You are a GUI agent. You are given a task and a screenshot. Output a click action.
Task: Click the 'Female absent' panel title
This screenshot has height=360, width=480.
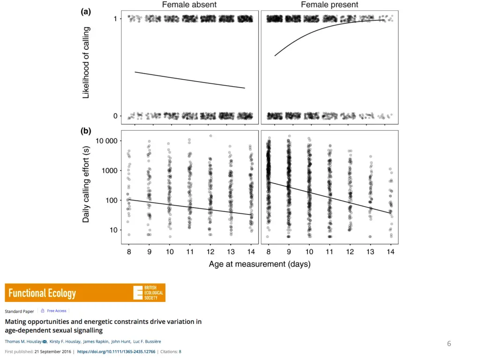click(x=189, y=5)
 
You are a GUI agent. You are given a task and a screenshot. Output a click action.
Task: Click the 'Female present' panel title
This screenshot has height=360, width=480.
click(x=330, y=5)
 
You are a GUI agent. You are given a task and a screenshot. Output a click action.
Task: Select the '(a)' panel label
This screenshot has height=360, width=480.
click(x=86, y=13)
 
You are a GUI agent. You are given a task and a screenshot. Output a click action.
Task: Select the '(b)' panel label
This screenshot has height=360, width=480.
click(x=86, y=131)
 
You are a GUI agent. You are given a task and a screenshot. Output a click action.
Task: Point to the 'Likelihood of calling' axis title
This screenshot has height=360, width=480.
click(x=86, y=63)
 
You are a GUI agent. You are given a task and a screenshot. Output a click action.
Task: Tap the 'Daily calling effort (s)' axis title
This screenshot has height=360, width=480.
click(x=86, y=184)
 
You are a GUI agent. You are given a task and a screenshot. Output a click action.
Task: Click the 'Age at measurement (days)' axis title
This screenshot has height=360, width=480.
click(x=260, y=264)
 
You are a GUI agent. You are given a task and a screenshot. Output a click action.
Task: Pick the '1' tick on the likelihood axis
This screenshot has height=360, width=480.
click(x=115, y=19)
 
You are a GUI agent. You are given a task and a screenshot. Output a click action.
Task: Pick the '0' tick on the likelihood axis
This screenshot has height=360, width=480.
click(x=115, y=116)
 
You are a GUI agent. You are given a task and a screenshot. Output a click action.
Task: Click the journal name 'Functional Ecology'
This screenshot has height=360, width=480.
click(x=42, y=293)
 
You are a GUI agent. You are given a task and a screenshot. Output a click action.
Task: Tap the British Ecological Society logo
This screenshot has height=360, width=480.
click(x=148, y=292)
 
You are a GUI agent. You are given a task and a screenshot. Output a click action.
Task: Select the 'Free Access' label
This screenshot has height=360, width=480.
click(x=57, y=311)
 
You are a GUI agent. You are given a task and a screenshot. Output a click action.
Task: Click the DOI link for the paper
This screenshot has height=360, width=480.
click(x=116, y=351)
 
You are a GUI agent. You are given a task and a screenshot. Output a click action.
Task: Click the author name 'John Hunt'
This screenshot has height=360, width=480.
click(x=120, y=341)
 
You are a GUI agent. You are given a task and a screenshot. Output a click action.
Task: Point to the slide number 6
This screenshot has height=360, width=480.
click(x=449, y=344)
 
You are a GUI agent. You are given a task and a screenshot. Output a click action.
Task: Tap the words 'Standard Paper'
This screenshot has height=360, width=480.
click(x=20, y=311)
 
